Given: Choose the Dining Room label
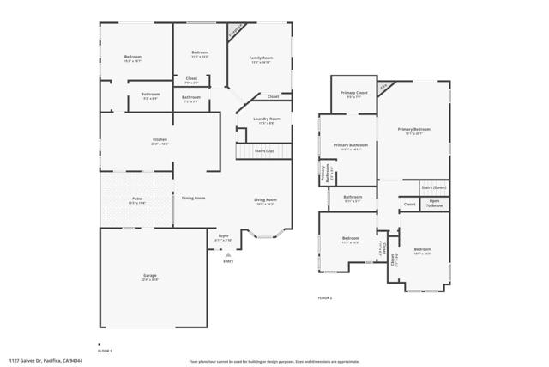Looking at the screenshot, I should (193, 199).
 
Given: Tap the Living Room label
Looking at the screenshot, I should (265, 200).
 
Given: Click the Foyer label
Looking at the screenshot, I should (224, 235).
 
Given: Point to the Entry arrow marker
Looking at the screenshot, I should (228, 254).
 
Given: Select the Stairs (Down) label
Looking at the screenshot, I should (433, 187).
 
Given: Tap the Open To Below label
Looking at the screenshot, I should (436, 204).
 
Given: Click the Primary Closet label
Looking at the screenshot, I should (353, 93).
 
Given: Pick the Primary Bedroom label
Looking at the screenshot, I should (413, 130).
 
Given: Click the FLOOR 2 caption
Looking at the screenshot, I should (324, 297).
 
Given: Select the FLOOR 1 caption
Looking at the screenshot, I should (104, 351).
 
